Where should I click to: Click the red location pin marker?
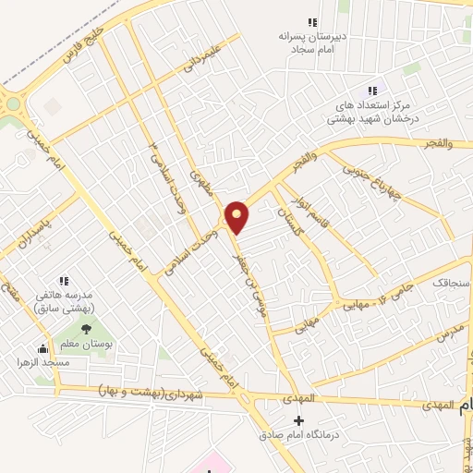[x=238, y=216]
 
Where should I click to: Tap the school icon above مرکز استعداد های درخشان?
[x=371, y=91]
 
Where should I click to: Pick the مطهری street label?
[x=200, y=183]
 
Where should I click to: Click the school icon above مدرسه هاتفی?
[x=64, y=280]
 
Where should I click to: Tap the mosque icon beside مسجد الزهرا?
[x=42, y=349]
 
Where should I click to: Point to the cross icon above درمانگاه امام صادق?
[x=297, y=420]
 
